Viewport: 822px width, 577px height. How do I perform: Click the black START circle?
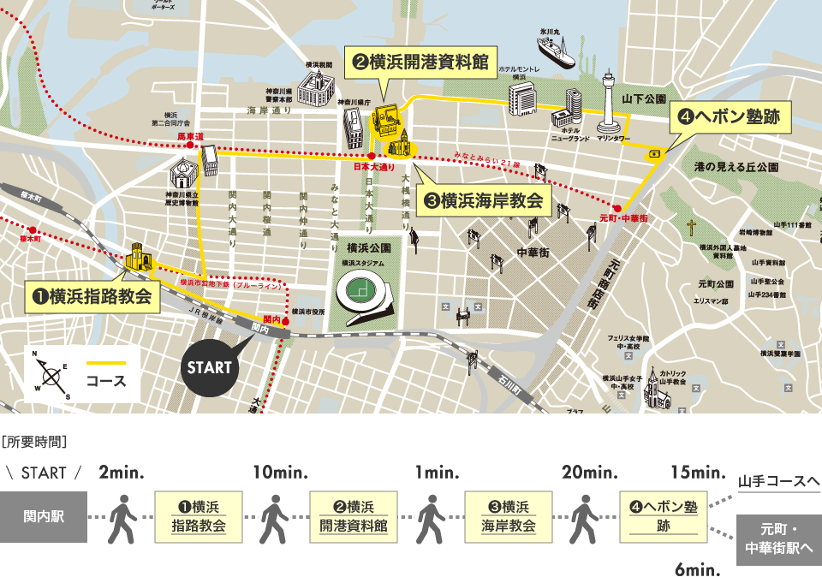(x=211, y=367)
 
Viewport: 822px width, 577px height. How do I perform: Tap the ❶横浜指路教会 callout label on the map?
(x=92, y=297)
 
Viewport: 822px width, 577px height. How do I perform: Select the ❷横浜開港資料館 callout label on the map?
(x=420, y=62)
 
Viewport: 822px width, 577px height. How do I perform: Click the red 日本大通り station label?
(x=374, y=167)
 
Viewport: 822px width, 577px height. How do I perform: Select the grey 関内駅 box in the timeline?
(x=44, y=517)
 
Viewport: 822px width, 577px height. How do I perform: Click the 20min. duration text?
(x=589, y=473)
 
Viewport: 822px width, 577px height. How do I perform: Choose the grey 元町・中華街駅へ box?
(x=778, y=539)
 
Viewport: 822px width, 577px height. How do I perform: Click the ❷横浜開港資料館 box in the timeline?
(x=353, y=517)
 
